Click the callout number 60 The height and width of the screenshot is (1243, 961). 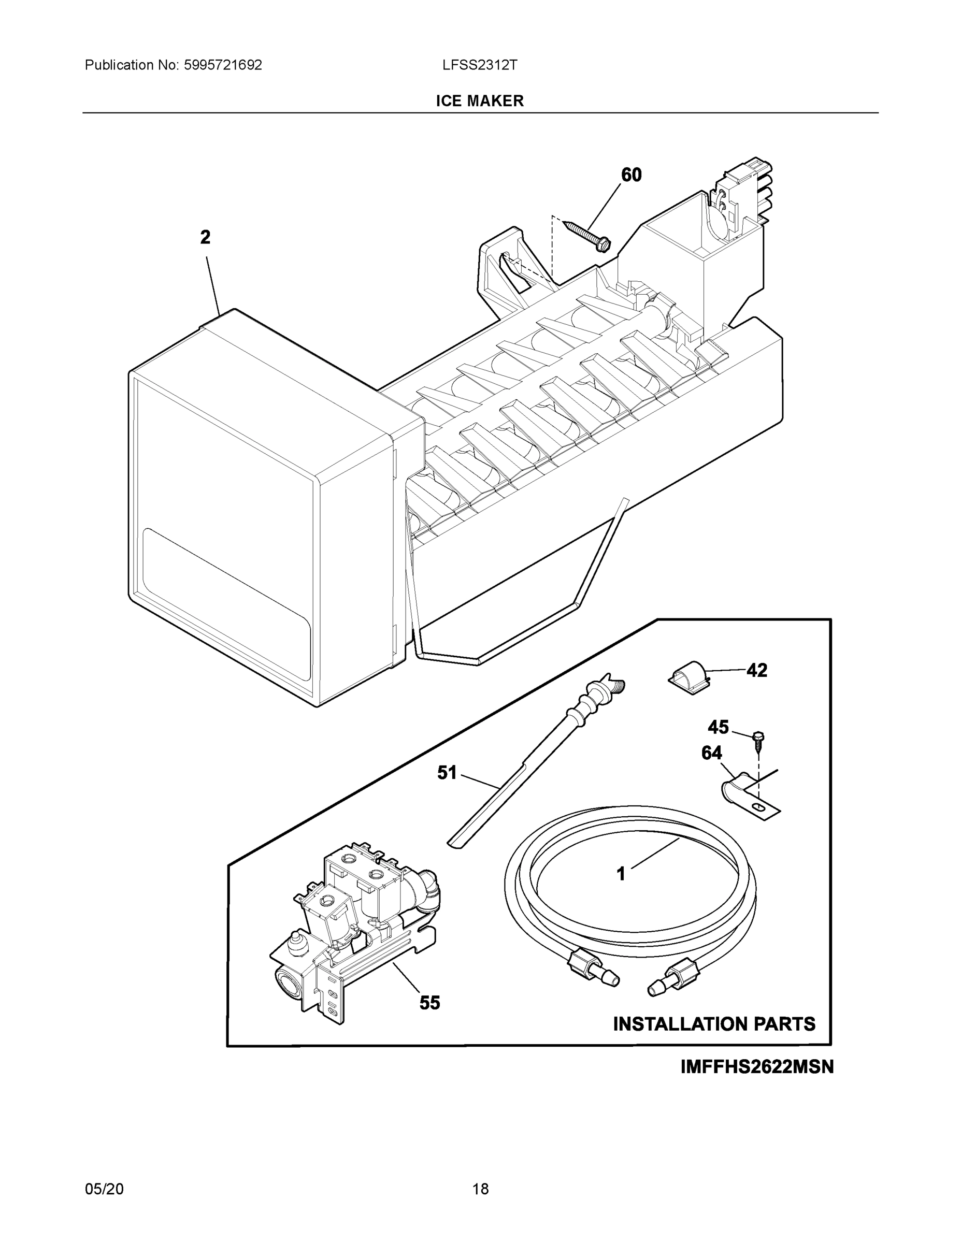click(631, 175)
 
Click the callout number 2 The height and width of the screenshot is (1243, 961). click(206, 237)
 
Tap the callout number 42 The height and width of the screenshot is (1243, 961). click(756, 671)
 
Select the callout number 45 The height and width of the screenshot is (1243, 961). click(718, 727)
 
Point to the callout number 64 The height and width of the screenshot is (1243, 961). click(712, 753)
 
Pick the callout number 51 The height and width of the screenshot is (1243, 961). click(447, 773)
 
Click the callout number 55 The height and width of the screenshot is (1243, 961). click(430, 1003)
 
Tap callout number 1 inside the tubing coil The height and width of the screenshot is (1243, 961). click(621, 874)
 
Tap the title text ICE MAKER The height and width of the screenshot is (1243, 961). click(479, 101)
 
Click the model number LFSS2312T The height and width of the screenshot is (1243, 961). click(479, 65)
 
